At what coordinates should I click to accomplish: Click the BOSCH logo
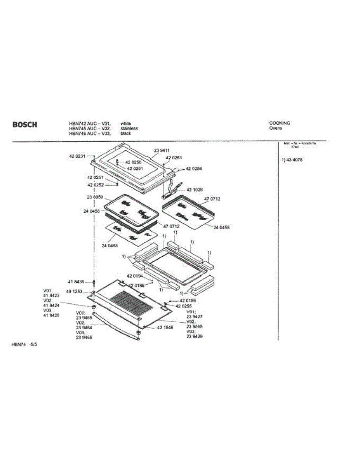(x=25, y=125)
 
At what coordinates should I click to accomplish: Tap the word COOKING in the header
(x=280, y=123)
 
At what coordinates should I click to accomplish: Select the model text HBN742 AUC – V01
(x=90, y=123)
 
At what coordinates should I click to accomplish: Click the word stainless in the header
(x=129, y=128)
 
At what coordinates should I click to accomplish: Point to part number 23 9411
(x=162, y=150)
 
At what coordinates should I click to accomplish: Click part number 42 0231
(x=77, y=156)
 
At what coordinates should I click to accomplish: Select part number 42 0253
(x=174, y=158)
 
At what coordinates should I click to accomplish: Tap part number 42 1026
(x=195, y=190)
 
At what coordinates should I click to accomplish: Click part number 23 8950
(x=95, y=197)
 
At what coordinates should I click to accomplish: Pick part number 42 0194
(x=135, y=276)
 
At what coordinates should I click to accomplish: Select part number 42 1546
(x=165, y=328)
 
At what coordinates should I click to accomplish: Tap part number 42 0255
(x=184, y=306)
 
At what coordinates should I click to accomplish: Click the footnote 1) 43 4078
(x=292, y=160)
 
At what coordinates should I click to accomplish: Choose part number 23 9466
(x=84, y=337)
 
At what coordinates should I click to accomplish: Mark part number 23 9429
(x=195, y=336)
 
